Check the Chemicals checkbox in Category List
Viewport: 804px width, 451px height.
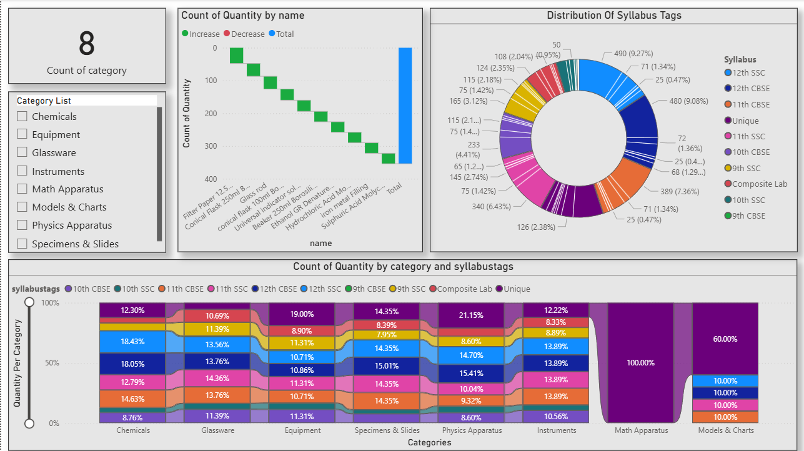22,116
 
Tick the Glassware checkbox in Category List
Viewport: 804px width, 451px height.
22,152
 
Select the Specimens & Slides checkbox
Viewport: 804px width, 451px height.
22,244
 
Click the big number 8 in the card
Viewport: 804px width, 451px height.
87,44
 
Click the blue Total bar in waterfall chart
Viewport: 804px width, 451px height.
405,106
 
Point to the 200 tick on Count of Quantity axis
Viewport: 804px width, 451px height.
209,113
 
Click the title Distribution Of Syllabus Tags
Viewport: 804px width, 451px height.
613,15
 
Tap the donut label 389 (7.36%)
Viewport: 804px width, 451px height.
680,191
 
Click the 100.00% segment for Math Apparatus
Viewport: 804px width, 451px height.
640,362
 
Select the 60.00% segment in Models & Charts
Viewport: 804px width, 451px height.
725,339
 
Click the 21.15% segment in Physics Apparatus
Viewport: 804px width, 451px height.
471,315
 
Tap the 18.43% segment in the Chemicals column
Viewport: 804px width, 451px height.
132,341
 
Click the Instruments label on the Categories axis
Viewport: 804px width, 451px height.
556,430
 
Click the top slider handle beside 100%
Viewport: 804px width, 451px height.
29,302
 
